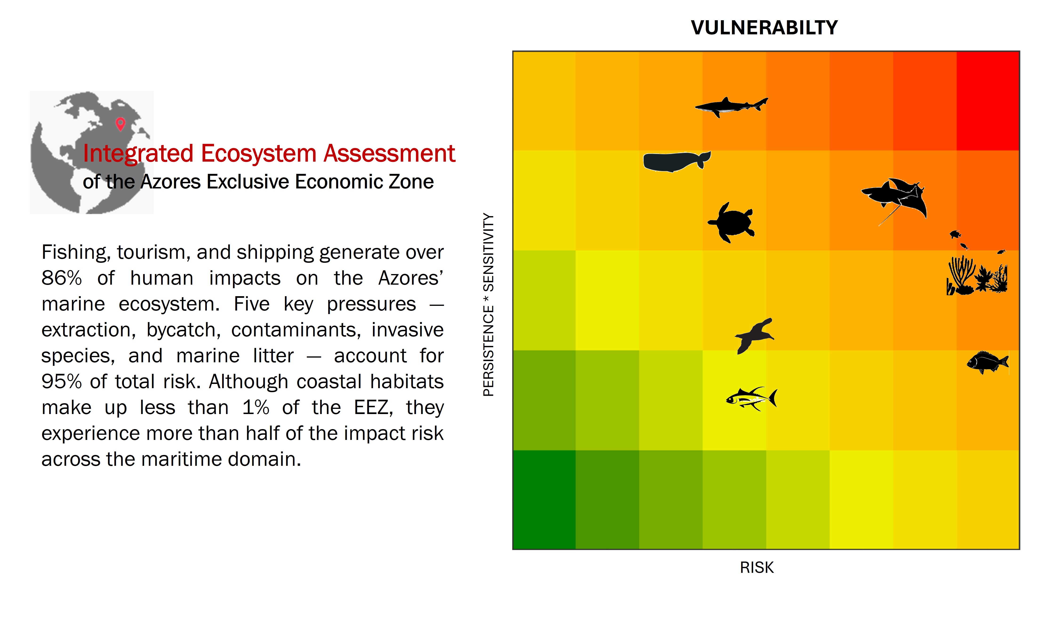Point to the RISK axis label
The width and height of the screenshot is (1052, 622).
tap(756, 567)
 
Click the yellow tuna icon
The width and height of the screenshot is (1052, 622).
tap(750, 398)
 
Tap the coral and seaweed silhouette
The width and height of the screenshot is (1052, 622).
tap(976, 277)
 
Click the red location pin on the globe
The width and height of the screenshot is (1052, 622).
tap(120, 124)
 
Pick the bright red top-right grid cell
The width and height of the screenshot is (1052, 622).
tap(988, 101)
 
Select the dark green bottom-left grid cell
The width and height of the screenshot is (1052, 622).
tap(544, 500)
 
